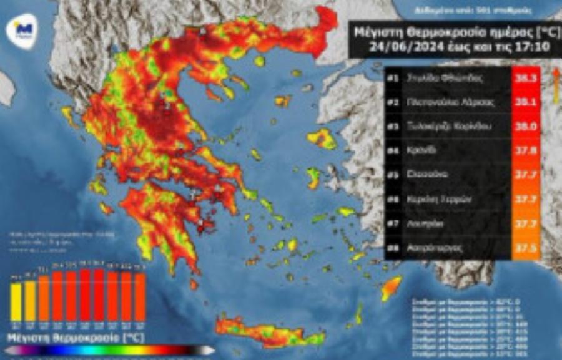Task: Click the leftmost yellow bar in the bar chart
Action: tap(16, 301)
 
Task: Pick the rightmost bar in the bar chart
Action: tap(140, 296)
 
